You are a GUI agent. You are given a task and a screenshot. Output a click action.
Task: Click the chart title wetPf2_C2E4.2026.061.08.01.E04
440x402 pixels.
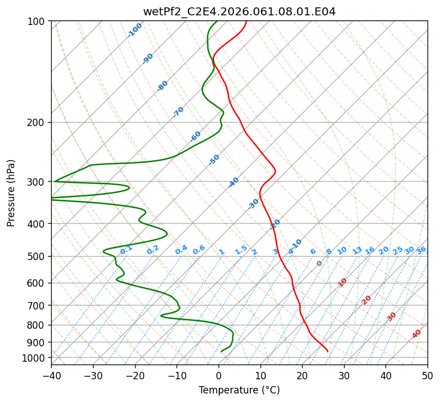(x=239, y=11)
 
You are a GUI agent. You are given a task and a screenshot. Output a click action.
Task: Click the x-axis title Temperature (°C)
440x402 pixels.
(x=239, y=391)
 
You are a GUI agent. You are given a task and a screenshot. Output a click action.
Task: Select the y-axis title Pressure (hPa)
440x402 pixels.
(x=11, y=192)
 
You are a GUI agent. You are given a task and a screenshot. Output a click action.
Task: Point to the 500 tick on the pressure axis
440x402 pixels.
(x=37, y=256)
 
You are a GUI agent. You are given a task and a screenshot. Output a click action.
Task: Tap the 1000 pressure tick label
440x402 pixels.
(x=35, y=358)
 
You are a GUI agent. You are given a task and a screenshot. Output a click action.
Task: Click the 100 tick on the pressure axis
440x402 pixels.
(x=37, y=21)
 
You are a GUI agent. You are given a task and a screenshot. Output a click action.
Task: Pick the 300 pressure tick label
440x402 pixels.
(x=37, y=182)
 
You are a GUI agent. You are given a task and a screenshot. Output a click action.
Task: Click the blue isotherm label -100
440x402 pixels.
(x=135, y=30)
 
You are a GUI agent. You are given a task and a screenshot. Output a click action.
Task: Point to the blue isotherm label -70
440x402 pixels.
(x=178, y=112)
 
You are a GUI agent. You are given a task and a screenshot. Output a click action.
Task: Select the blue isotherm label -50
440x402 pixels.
(x=214, y=160)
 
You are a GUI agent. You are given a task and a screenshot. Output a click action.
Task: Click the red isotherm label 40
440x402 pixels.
(x=417, y=334)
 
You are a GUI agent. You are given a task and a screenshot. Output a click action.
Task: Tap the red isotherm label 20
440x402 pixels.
(x=367, y=299)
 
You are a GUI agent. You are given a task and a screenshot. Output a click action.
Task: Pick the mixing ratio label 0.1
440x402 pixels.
(x=126, y=249)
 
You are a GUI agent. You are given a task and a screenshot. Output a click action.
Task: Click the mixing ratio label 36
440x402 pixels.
(x=421, y=250)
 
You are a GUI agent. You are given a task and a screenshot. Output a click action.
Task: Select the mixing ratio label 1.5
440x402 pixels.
(x=241, y=249)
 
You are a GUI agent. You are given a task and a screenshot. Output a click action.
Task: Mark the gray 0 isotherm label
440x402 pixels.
(x=320, y=263)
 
